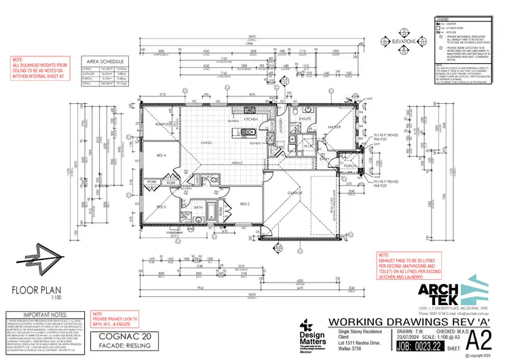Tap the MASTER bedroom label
click(x=335, y=127)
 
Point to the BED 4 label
click(x=162, y=156)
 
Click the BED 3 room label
click(x=162, y=206)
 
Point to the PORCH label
click(x=350, y=165)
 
